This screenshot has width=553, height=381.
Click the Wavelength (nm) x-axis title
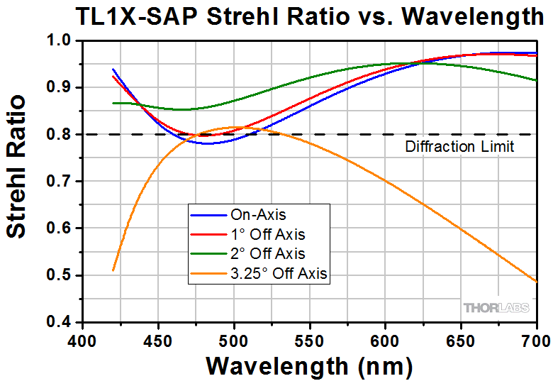coord(309,366)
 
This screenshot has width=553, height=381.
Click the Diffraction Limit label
coord(459,148)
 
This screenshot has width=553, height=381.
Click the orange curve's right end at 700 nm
coord(536,282)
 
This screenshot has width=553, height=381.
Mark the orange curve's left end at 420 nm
coord(113,270)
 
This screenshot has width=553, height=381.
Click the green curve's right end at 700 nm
coord(536,80)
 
